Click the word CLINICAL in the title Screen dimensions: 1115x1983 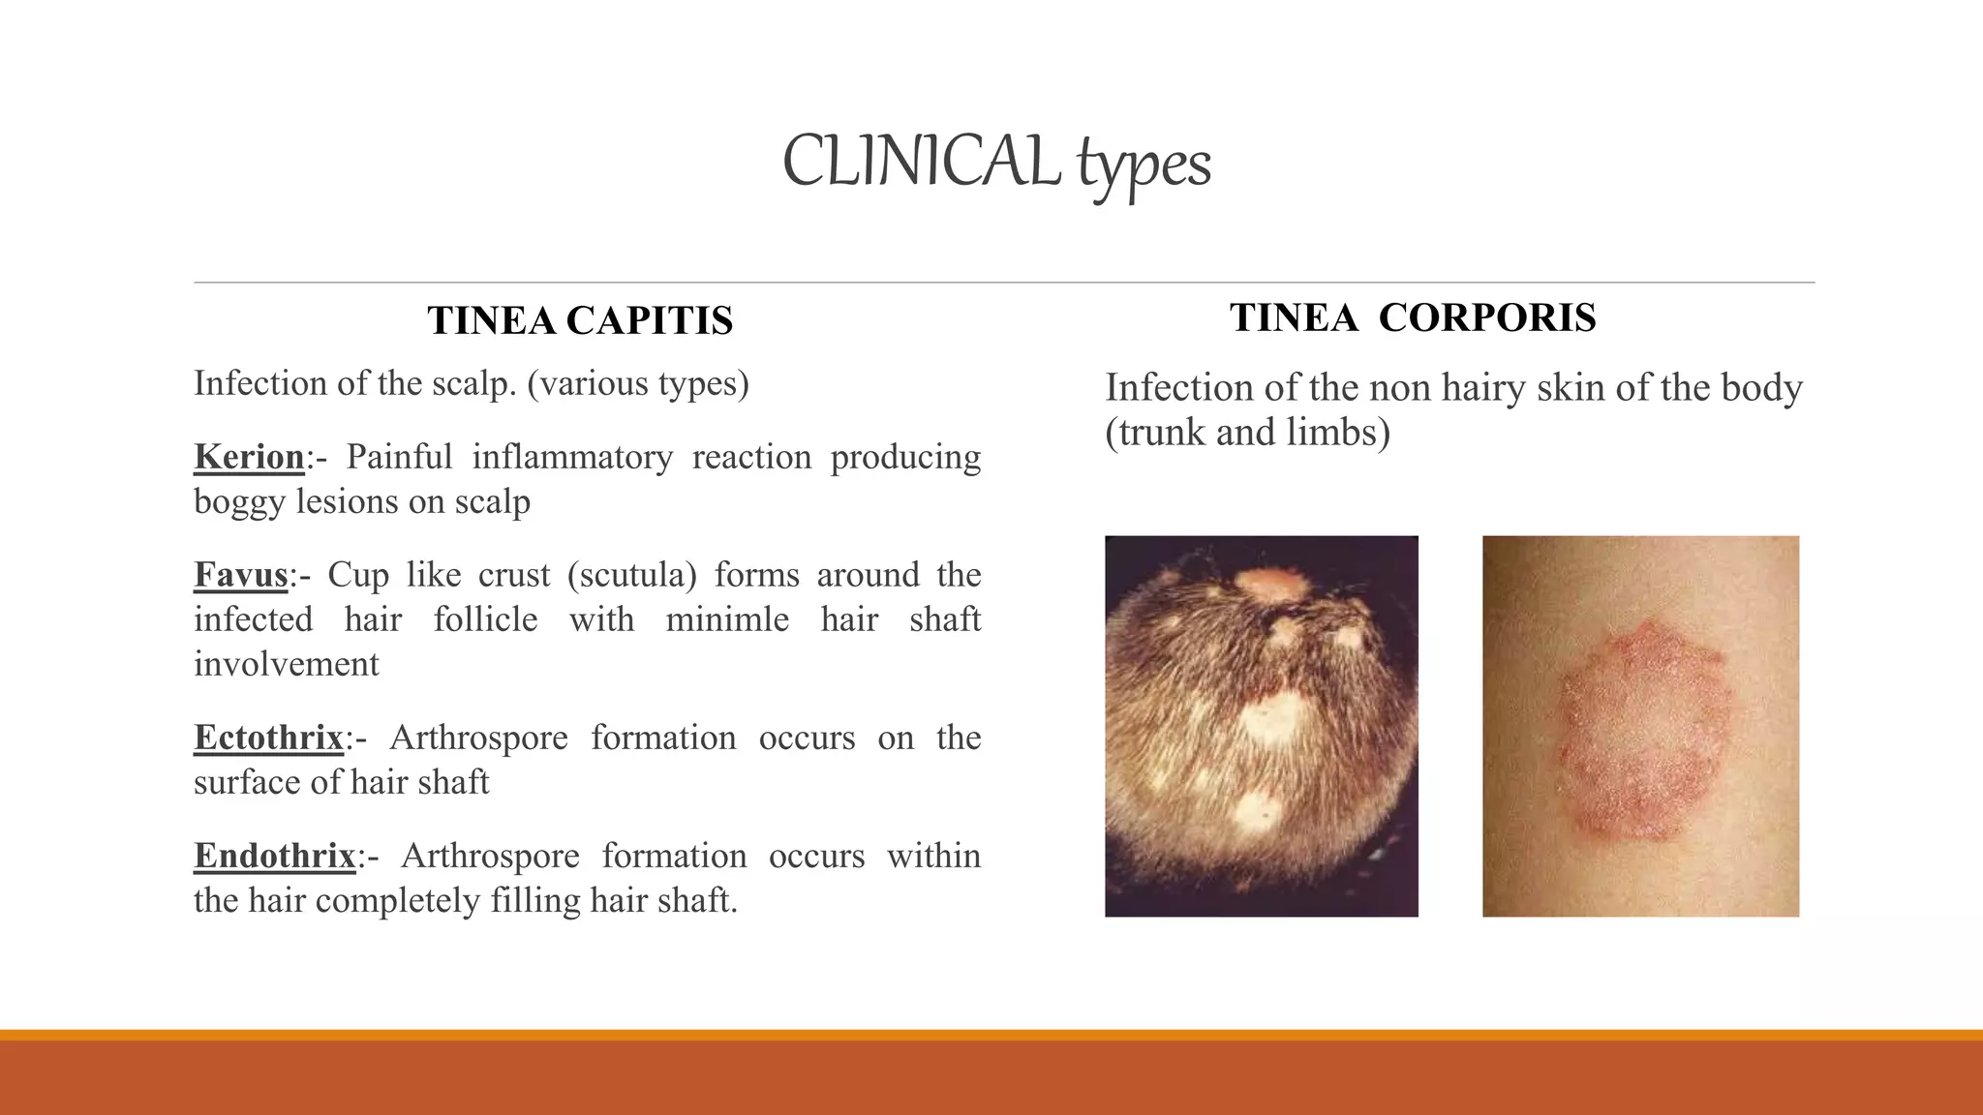(920, 161)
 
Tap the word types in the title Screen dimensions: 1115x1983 (1144, 165)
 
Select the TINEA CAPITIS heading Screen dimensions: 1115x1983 (580, 320)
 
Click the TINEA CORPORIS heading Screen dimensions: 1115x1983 (1413, 317)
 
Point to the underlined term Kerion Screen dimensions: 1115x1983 (249, 457)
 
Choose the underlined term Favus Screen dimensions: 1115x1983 (241, 575)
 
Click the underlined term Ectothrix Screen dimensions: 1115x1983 (268, 738)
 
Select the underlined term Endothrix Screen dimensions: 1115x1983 (275, 856)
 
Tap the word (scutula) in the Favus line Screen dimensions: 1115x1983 (631, 575)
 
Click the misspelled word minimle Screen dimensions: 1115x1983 (727, 619)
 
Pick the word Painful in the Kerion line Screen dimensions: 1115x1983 (399, 457)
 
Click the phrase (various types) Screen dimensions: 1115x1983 (638, 383)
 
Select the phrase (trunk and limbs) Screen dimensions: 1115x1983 (1247, 432)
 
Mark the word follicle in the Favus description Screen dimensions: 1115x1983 (485, 619)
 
